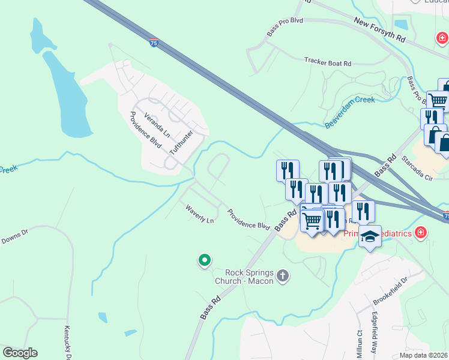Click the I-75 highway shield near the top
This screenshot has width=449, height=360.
[x=154, y=43]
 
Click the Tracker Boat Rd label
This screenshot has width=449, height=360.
[x=327, y=61]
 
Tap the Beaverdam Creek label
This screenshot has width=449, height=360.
[x=350, y=112]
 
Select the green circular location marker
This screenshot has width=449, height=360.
[x=205, y=260]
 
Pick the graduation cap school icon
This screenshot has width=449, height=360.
[x=370, y=236]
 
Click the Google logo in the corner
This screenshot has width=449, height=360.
[x=20, y=353]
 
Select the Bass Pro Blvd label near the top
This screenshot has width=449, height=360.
[x=286, y=20]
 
